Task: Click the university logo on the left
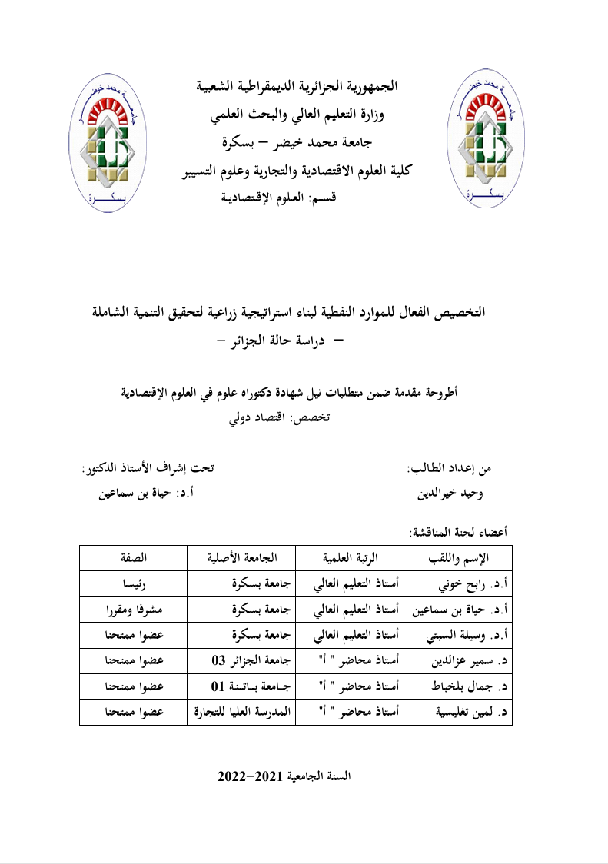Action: click(109, 140)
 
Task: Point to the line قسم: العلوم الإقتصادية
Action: click(284, 198)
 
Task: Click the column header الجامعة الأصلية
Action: click(242, 557)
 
